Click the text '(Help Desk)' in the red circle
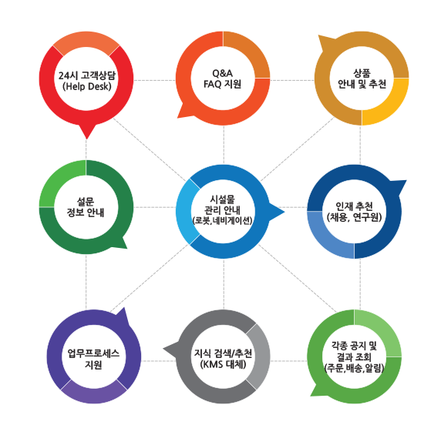(x=87, y=86)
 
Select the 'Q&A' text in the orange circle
(x=223, y=73)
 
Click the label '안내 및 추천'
(x=362, y=84)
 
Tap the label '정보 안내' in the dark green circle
(x=86, y=212)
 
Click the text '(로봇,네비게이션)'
(x=223, y=221)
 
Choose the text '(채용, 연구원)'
(x=355, y=217)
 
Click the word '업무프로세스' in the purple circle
(x=93, y=353)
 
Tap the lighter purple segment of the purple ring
(x=94, y=393)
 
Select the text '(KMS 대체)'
(x=224, y=364)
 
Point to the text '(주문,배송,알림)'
(x=355, y=368)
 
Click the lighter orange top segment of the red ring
(x=86, y=42)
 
